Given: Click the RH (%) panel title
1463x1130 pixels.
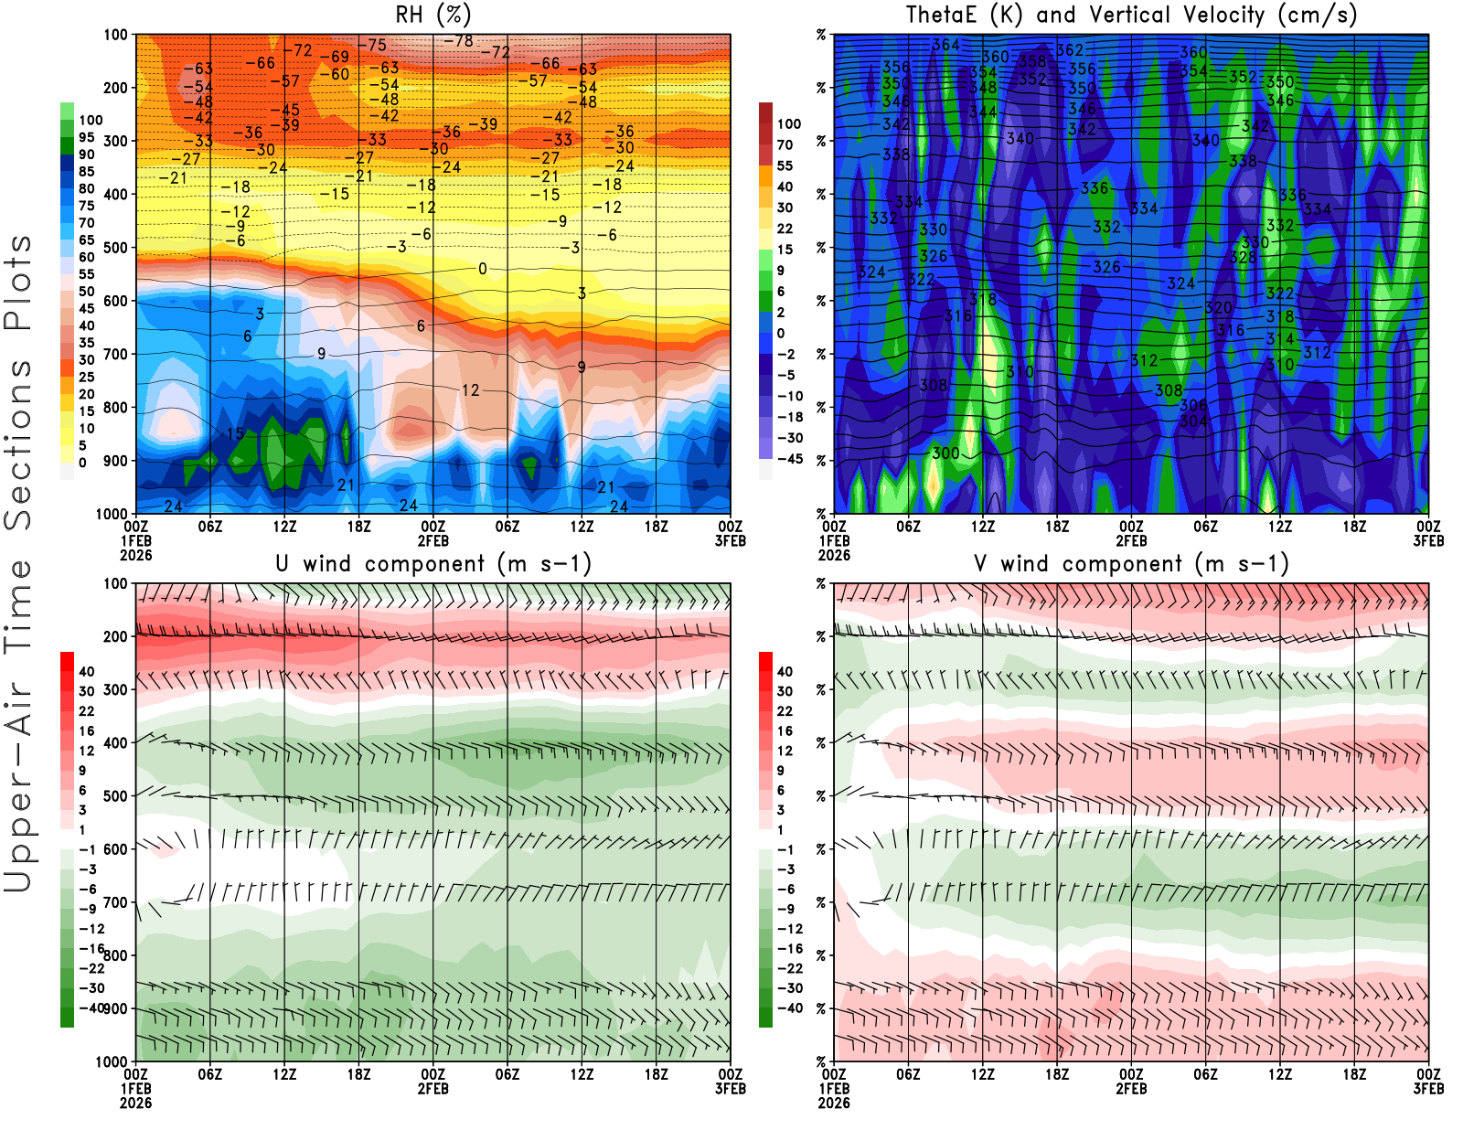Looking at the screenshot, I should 432,15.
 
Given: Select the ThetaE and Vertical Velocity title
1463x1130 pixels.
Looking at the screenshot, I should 1131,15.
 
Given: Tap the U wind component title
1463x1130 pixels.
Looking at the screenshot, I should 432,563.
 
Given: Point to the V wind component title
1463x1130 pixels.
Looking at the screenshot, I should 1131,563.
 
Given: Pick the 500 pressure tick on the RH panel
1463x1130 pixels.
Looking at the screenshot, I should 115,247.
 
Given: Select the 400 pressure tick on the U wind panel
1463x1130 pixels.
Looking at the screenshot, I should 115,742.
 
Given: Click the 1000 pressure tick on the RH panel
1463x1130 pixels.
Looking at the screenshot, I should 112,514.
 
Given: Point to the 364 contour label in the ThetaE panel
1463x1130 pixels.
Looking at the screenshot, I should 945,45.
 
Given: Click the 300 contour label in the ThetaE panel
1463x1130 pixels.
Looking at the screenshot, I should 945,453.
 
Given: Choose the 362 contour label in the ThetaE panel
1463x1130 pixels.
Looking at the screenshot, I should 1070,50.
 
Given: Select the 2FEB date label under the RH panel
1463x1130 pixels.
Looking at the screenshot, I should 432,540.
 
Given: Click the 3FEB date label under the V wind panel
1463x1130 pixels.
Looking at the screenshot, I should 1428,1089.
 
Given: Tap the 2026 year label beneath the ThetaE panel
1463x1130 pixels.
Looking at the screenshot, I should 834,555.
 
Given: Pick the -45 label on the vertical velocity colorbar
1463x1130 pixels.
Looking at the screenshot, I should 789,458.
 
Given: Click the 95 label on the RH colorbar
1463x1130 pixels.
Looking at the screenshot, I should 86,137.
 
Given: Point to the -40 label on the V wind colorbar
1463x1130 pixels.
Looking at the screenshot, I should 789,1008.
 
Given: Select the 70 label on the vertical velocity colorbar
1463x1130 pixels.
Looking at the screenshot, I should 785,144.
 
